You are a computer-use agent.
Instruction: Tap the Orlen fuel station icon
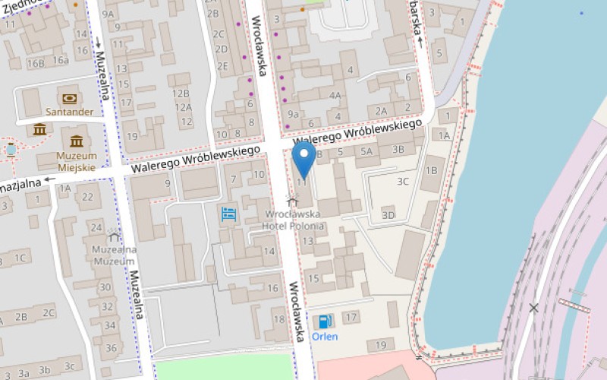tap(325, 321)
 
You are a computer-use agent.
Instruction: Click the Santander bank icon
tap(69, 99)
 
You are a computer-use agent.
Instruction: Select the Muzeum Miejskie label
tap(77, 161)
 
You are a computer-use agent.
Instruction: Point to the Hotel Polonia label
tap(293, 226)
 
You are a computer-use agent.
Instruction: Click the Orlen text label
tap(325, 337)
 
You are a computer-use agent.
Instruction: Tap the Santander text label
tap(69, 112)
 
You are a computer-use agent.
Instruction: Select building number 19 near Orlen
tap(381, 346)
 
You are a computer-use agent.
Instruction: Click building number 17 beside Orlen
tap(350, 317)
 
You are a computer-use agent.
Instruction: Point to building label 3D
tap(388, 215)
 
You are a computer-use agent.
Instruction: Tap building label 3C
tap(402, 181)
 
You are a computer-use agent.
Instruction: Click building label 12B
tap(181, 93)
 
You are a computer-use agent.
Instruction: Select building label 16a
tap(61, 60)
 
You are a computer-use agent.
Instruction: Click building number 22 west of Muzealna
tap(87, 197)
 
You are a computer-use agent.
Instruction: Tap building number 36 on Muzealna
tap(112, 348)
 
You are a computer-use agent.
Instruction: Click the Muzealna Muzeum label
tap(114, 255)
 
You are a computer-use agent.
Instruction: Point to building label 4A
tap(336, 96)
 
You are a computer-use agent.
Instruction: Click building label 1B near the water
tap(431, 170)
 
